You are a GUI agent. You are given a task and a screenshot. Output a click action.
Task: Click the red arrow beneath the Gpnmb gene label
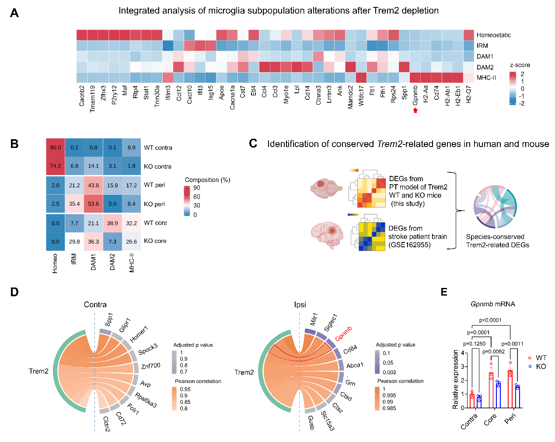click(415, 110)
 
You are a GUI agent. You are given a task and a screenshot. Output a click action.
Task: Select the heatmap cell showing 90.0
click(56, 147)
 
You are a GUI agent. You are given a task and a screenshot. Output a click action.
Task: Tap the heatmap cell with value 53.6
click(94, 204)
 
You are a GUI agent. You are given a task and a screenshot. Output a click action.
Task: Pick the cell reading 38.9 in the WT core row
click(112, 223)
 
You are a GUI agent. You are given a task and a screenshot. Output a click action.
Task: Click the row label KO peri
click(154, 204)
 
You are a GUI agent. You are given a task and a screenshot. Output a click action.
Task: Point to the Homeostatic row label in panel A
click(493, 35)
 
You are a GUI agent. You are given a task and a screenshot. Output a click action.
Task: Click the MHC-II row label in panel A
click(486, 77)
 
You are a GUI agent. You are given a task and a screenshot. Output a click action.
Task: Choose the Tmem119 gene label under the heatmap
click(93, 98)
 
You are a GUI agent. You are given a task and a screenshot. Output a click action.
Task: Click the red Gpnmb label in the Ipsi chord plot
click(344, 334)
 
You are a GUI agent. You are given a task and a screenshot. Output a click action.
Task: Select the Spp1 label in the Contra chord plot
click(109, 319)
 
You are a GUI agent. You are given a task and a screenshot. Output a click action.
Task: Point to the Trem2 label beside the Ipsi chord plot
click(244, 372)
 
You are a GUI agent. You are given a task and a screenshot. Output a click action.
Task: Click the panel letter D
click(14, 292)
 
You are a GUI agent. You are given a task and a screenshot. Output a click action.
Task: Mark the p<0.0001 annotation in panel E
click(490, 320)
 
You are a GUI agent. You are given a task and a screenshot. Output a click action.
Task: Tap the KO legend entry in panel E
click(541, 367)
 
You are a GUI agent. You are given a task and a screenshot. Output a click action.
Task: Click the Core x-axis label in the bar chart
click(490, 419)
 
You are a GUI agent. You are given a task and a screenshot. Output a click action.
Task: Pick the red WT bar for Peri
click(510, 389)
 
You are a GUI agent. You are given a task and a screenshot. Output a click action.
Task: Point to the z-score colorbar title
click(520, 65)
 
